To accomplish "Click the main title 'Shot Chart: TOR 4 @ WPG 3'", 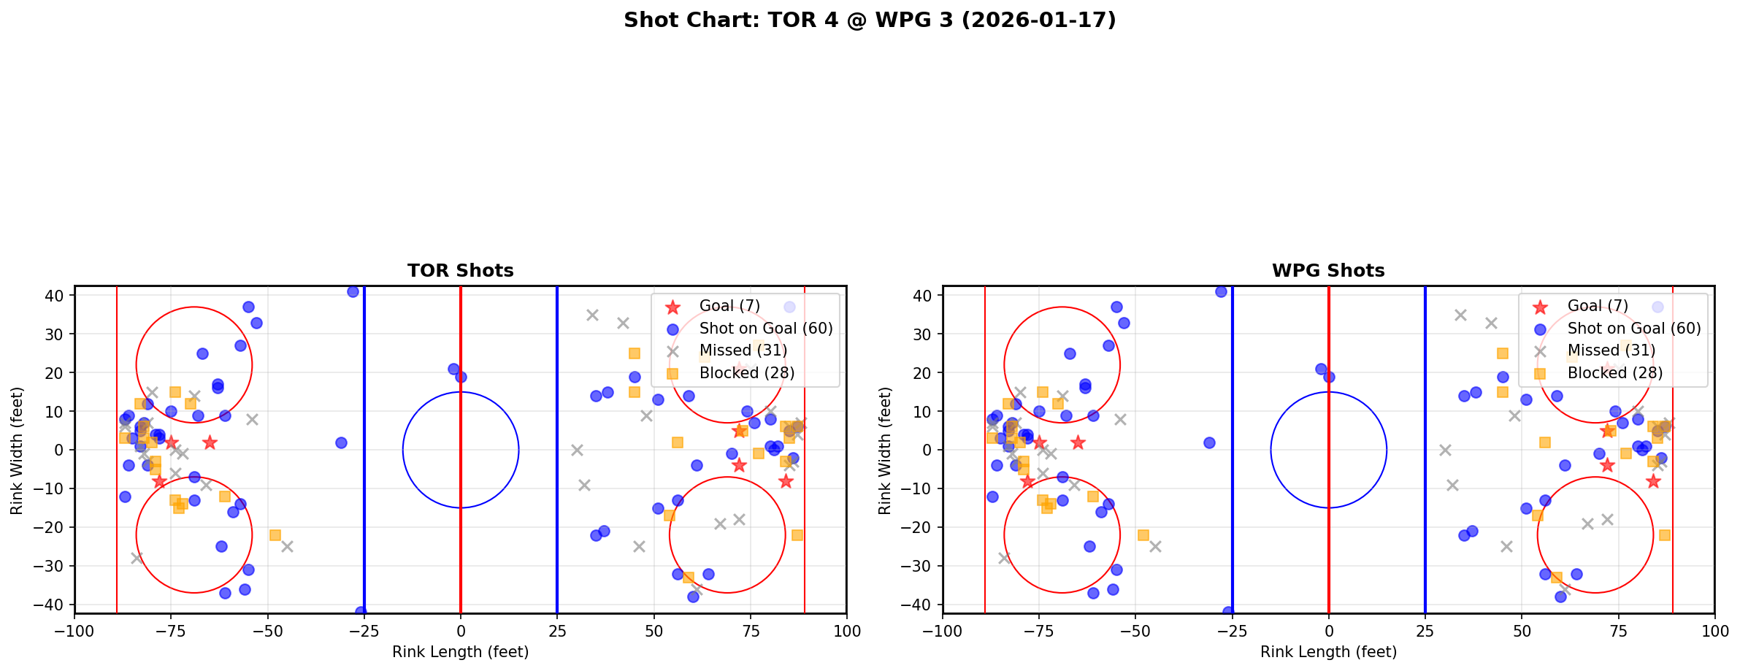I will coord(870,20).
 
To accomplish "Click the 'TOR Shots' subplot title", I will coord(460,271).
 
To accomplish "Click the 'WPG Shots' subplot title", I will coord(1328,271).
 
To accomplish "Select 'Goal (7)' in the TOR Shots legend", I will coord(729,306).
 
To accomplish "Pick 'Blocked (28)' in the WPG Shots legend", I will coord(1614,373).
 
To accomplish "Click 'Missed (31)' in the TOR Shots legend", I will coord(743,350).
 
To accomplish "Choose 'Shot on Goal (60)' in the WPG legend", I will coord(1633,329).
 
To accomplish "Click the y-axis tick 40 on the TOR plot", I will coord(56,296).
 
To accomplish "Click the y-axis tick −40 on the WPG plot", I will coord(921,605).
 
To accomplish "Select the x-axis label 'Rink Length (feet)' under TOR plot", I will coord(460,652).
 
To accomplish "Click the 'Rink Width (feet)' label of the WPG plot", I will coord(885,450).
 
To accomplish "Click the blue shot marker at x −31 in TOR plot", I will coord(341,442).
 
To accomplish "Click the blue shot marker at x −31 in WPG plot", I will coord(1209,442).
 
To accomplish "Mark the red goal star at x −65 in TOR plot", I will coord(210,442).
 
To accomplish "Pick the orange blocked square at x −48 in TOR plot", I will coord(275,535).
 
